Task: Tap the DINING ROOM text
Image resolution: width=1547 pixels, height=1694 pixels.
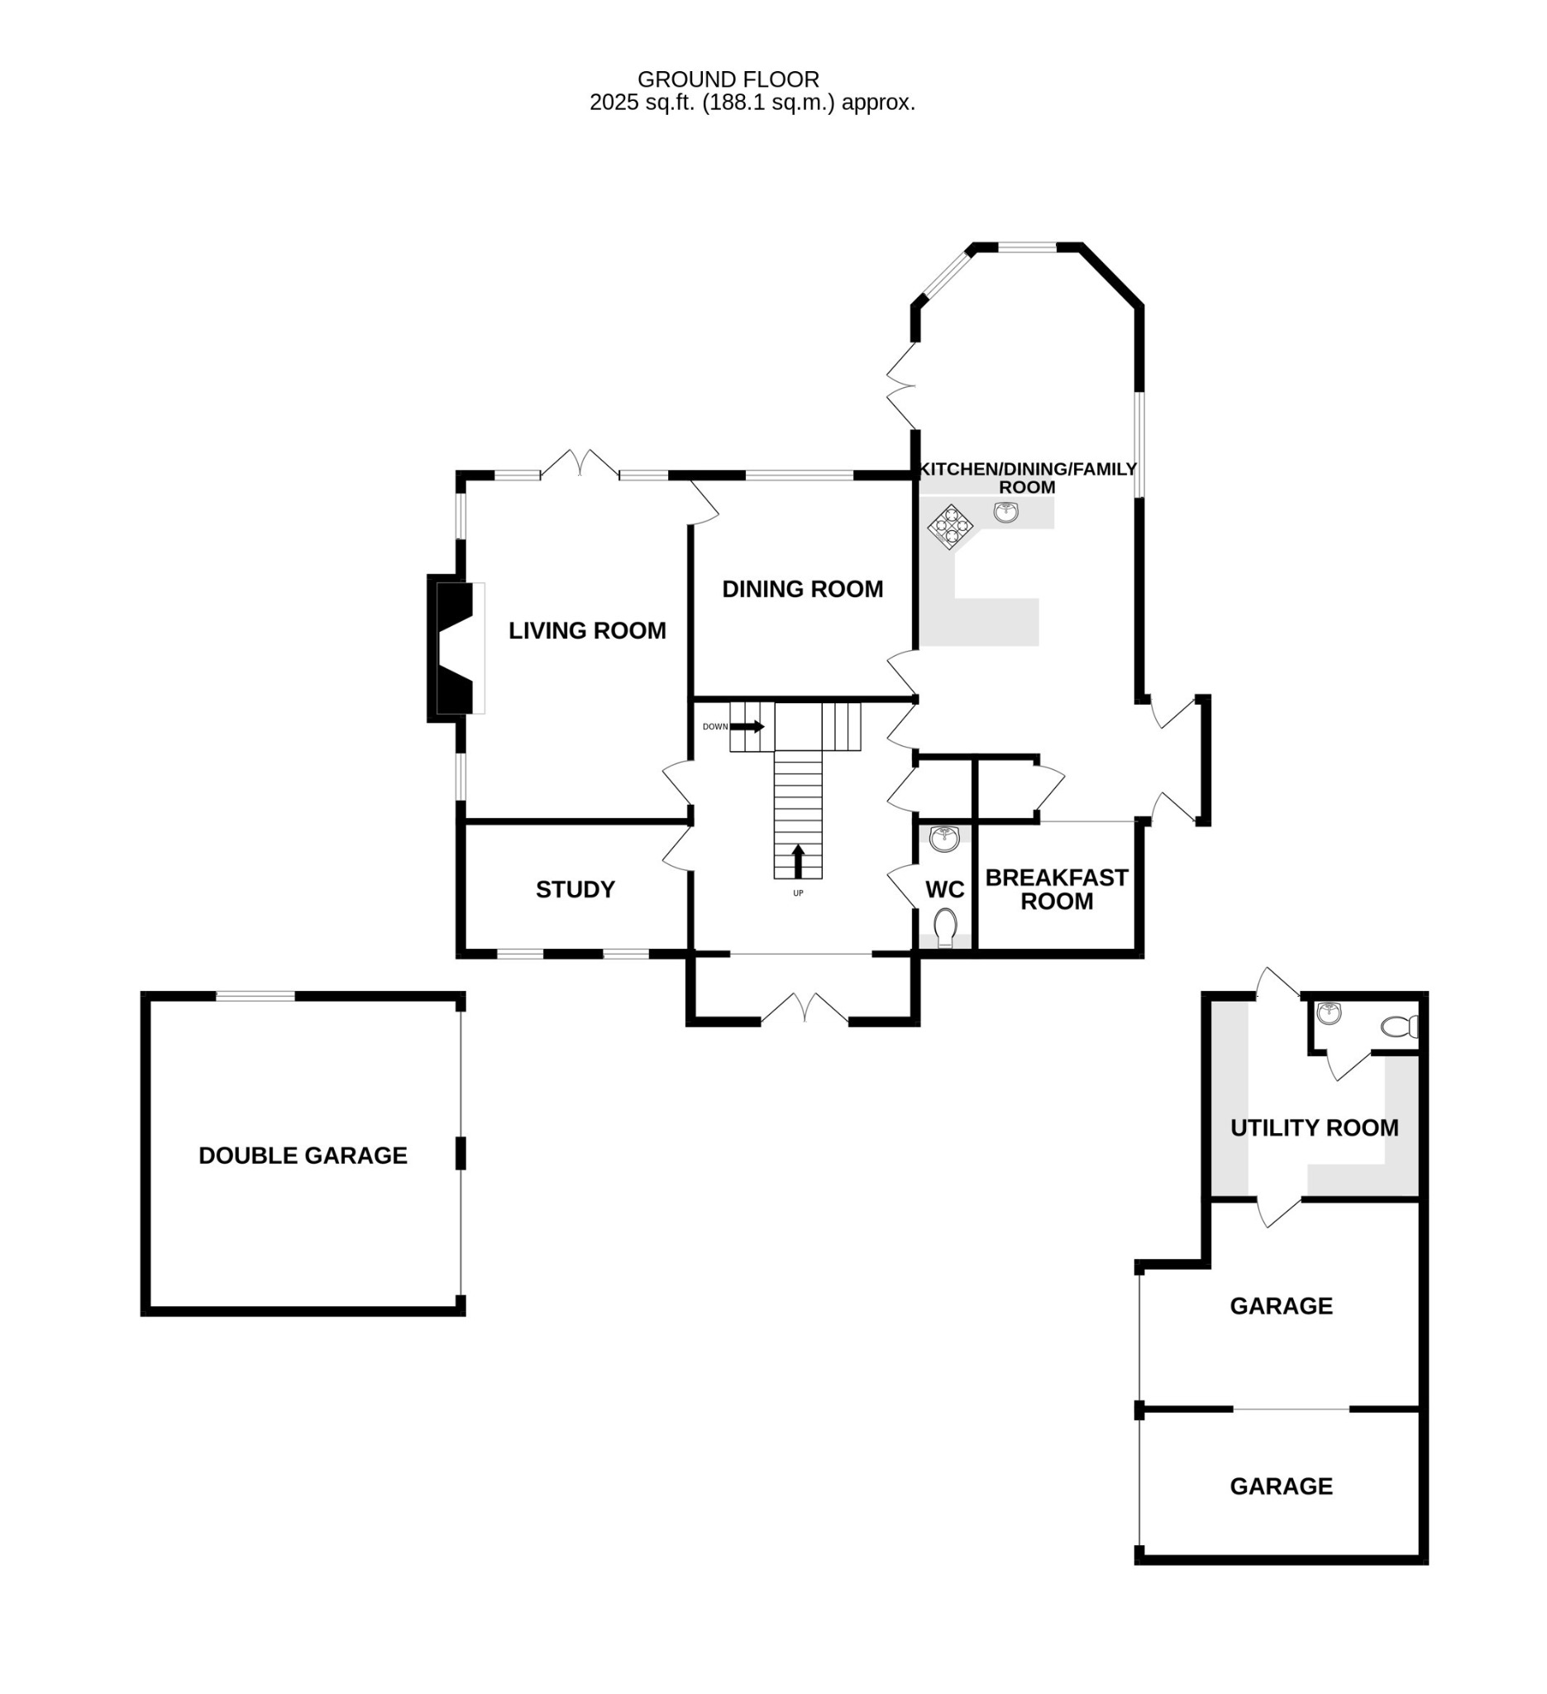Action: point(802,590)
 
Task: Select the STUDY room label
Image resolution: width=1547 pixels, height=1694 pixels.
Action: point(575,890)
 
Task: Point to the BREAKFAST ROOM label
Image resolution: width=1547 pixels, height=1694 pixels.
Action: point(1056,890)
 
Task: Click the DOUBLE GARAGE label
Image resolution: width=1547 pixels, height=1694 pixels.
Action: point(303,1156)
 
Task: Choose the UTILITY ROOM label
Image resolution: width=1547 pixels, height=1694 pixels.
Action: point(1314,1128)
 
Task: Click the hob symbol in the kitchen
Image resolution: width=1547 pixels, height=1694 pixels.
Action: point(950,527)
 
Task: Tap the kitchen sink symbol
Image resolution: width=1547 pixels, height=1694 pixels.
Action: point(1005,512)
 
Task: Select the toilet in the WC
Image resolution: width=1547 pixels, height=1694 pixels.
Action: point(945,926)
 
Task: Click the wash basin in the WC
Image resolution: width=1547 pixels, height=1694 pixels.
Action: point(944,839)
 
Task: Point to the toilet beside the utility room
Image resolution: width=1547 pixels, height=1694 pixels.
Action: point(1398,1026)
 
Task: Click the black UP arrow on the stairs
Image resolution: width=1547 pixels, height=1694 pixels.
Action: point(798,861)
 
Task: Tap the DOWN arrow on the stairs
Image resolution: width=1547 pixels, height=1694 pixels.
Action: point(747,727)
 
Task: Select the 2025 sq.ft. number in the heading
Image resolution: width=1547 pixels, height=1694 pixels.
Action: point(615,103)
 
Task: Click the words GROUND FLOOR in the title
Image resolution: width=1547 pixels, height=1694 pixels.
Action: point(728,80)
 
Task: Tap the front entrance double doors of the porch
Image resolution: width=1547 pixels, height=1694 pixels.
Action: point(805,1011)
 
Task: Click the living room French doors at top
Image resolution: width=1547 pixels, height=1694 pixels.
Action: point(580,464)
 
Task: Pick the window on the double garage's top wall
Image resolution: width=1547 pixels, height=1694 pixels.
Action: point(255,997)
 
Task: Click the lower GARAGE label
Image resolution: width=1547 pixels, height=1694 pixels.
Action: point(1281,1486)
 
